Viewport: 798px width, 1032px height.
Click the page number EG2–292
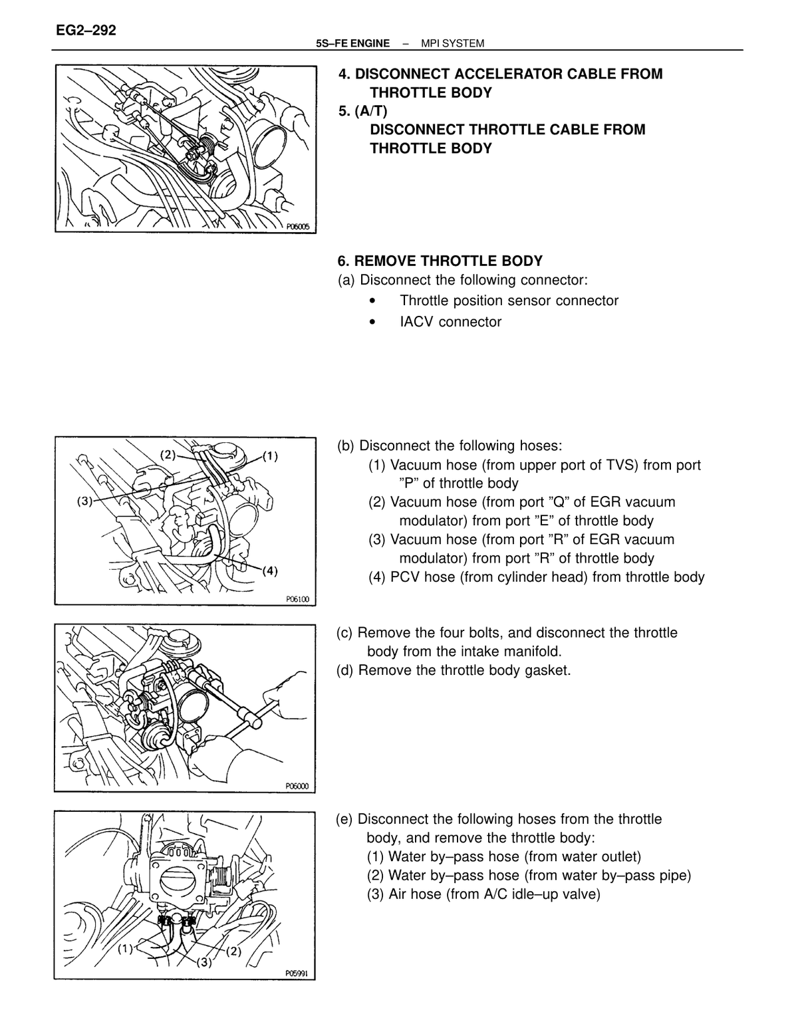86,31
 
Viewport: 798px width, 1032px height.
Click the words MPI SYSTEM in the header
452,44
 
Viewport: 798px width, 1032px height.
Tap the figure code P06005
298,227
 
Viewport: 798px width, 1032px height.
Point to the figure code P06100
297,599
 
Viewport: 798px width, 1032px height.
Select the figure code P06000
297,786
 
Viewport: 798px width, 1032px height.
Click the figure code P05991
297,973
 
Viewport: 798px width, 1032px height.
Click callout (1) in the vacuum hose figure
270,456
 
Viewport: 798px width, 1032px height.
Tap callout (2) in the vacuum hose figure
168,455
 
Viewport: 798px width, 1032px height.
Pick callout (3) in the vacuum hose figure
85,501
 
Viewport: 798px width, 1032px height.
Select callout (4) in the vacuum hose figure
270,571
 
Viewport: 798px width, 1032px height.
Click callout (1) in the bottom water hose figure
126,949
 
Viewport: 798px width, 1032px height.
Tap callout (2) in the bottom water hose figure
233,951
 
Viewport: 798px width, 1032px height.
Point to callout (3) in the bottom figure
204,962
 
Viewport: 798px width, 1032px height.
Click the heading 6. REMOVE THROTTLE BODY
440,261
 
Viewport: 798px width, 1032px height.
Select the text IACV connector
450,322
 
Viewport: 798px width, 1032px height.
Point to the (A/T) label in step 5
371,111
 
